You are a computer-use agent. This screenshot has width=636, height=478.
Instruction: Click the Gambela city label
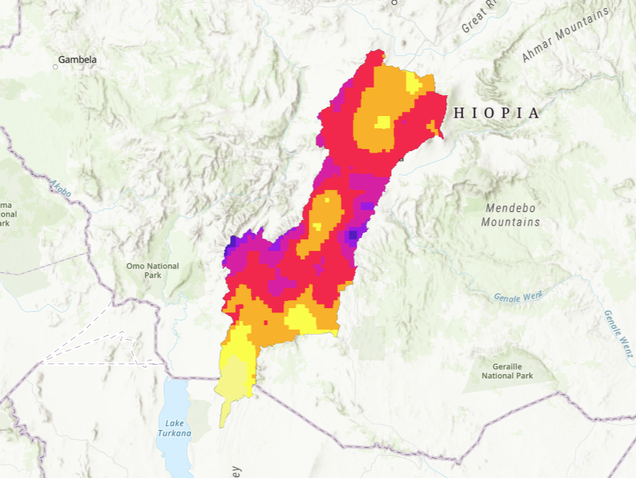pos(77,59)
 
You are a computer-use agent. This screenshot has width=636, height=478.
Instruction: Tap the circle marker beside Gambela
pos(55,67)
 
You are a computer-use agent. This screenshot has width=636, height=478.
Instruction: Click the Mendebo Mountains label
pos(510,215)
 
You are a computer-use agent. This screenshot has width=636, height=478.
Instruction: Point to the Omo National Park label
pos(153,270)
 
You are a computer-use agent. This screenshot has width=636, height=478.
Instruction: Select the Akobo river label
pos(61,188)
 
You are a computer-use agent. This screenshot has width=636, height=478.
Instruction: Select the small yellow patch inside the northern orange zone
pos(382,121)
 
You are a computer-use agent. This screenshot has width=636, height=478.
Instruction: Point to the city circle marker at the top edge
pos(394,2)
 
